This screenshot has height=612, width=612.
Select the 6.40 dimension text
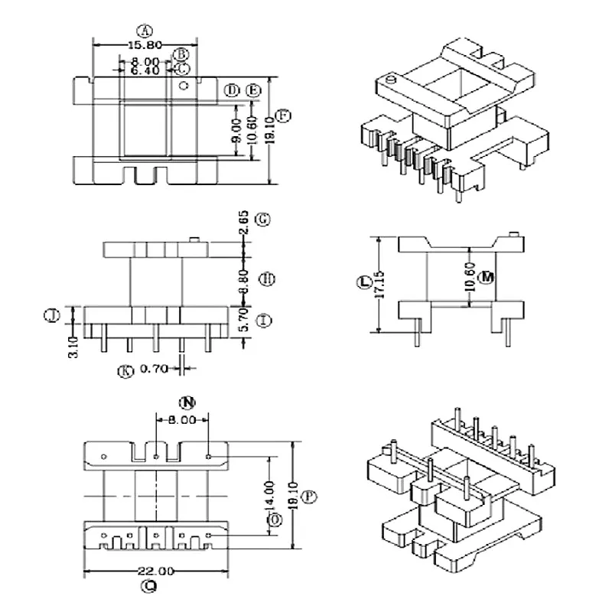145,70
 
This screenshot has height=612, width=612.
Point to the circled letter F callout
284,116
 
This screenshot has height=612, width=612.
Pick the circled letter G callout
262,220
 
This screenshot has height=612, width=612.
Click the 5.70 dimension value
243,321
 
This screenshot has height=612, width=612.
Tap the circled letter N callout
184,402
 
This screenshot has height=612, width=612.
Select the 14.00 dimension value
267,497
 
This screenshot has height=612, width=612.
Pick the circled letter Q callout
150,587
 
